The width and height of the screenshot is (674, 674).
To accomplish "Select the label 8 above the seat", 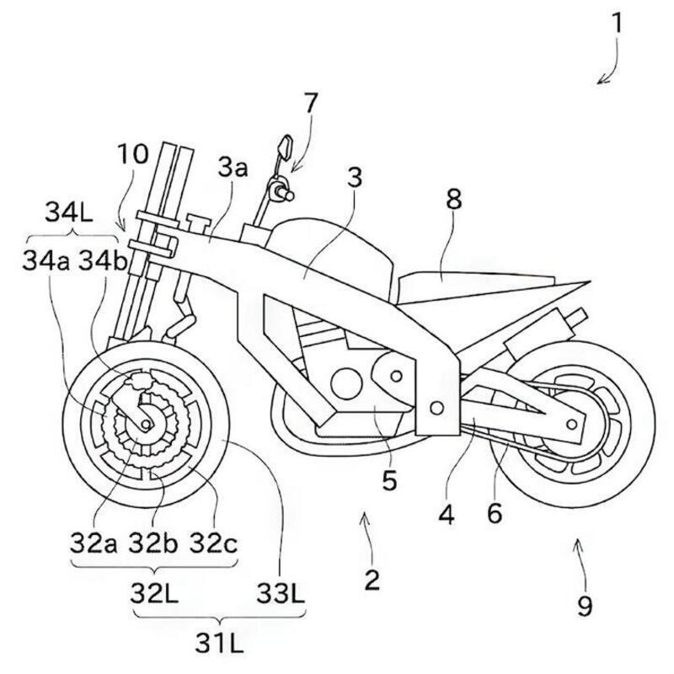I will pyautogui.click(x=454, y=200).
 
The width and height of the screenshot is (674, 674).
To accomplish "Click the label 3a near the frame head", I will pyautogui.click(x=233, y=168).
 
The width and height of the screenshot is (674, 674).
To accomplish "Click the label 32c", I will pyautogui.click(x=211, y=542).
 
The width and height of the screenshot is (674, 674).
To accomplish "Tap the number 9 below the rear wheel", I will pyautogui.click(x=584, y=604).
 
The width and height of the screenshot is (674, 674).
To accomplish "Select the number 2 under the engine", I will pyautogui.click(x=372, y=579).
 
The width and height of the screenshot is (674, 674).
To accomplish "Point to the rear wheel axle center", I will pyautogui.click(x=575, y=419).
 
